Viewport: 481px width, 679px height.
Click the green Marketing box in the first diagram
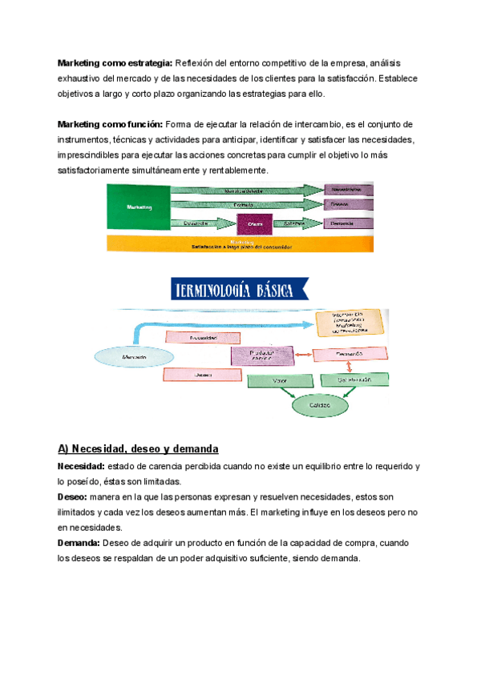click(x=138, y=207)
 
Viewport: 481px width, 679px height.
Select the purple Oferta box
click(x=255, y=224)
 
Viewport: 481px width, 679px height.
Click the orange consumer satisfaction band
click(x=240, y=243)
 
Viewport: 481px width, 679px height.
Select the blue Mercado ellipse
click(x=126, y=354)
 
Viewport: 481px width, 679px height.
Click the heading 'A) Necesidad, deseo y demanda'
click(x=138, y=448)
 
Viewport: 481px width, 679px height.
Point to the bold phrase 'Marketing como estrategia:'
click(x=115, y=63)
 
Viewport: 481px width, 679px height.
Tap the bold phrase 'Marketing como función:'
click(x=110, y=124)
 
